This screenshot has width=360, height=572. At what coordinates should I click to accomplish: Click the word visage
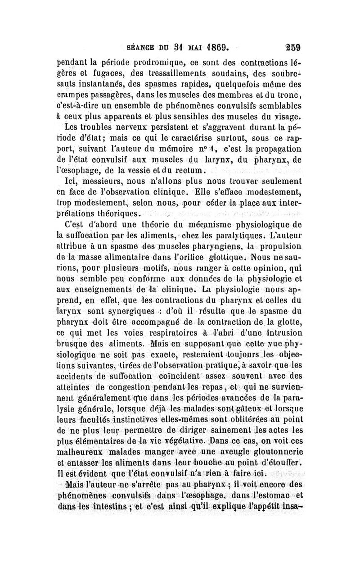point(288,118)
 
